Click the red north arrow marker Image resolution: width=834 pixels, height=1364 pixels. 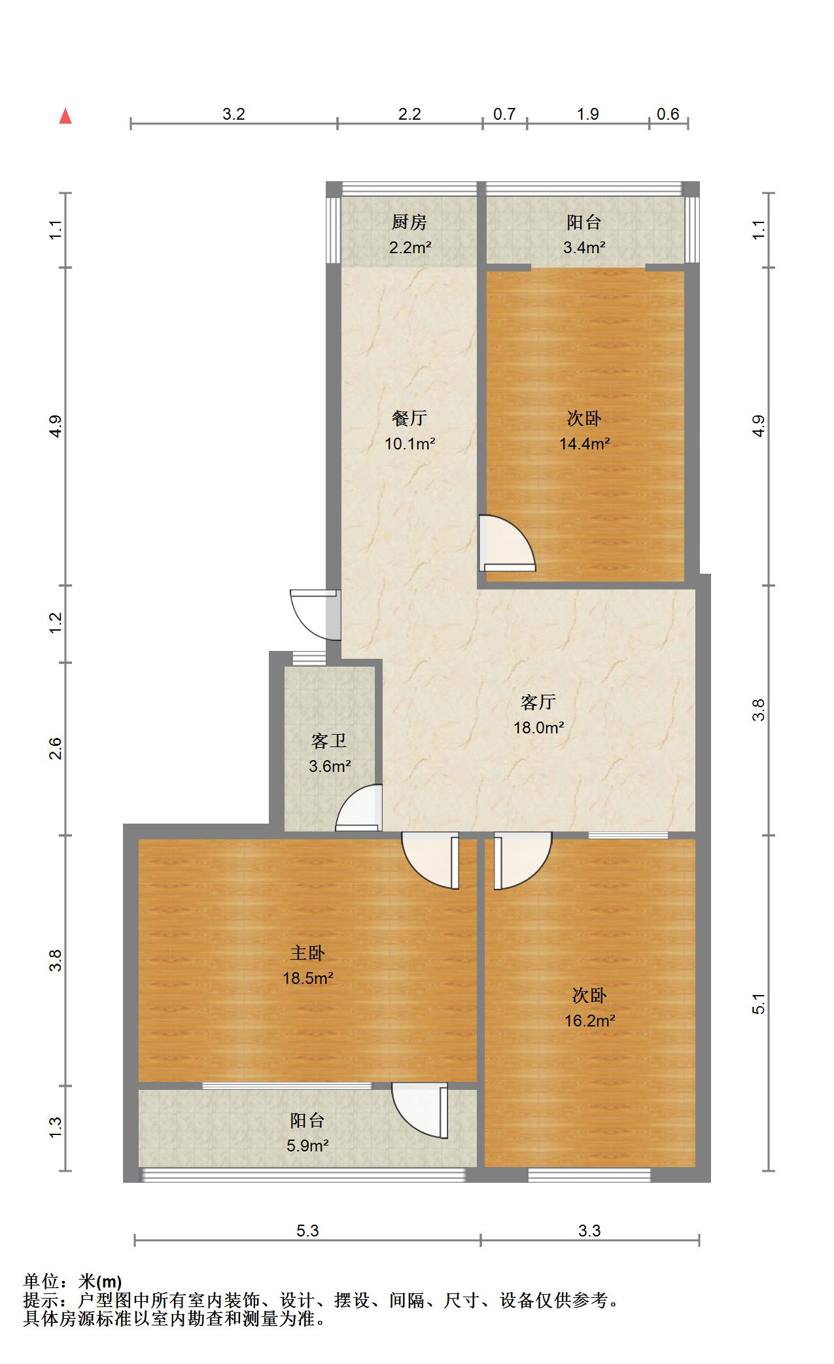pos(65,116)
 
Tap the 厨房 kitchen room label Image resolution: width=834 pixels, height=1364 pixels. pos(409,222)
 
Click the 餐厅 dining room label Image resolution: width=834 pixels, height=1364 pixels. pos(409,417)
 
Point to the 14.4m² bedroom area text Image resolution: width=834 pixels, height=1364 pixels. pos(584,444)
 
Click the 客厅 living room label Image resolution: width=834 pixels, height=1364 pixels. pos(538,702)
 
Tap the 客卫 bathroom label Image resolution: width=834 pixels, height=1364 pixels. pos(329,741)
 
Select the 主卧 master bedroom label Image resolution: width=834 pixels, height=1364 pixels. pos(307,953)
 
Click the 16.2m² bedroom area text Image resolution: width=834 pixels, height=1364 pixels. pos(589,1021)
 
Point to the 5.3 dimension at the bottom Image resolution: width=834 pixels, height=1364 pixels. pos(307,1231)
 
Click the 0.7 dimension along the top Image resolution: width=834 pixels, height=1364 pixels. pos(504,114)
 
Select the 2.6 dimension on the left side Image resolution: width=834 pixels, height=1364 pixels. pos(56,748)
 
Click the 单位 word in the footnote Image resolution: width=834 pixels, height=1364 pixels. pos(41,1281)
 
